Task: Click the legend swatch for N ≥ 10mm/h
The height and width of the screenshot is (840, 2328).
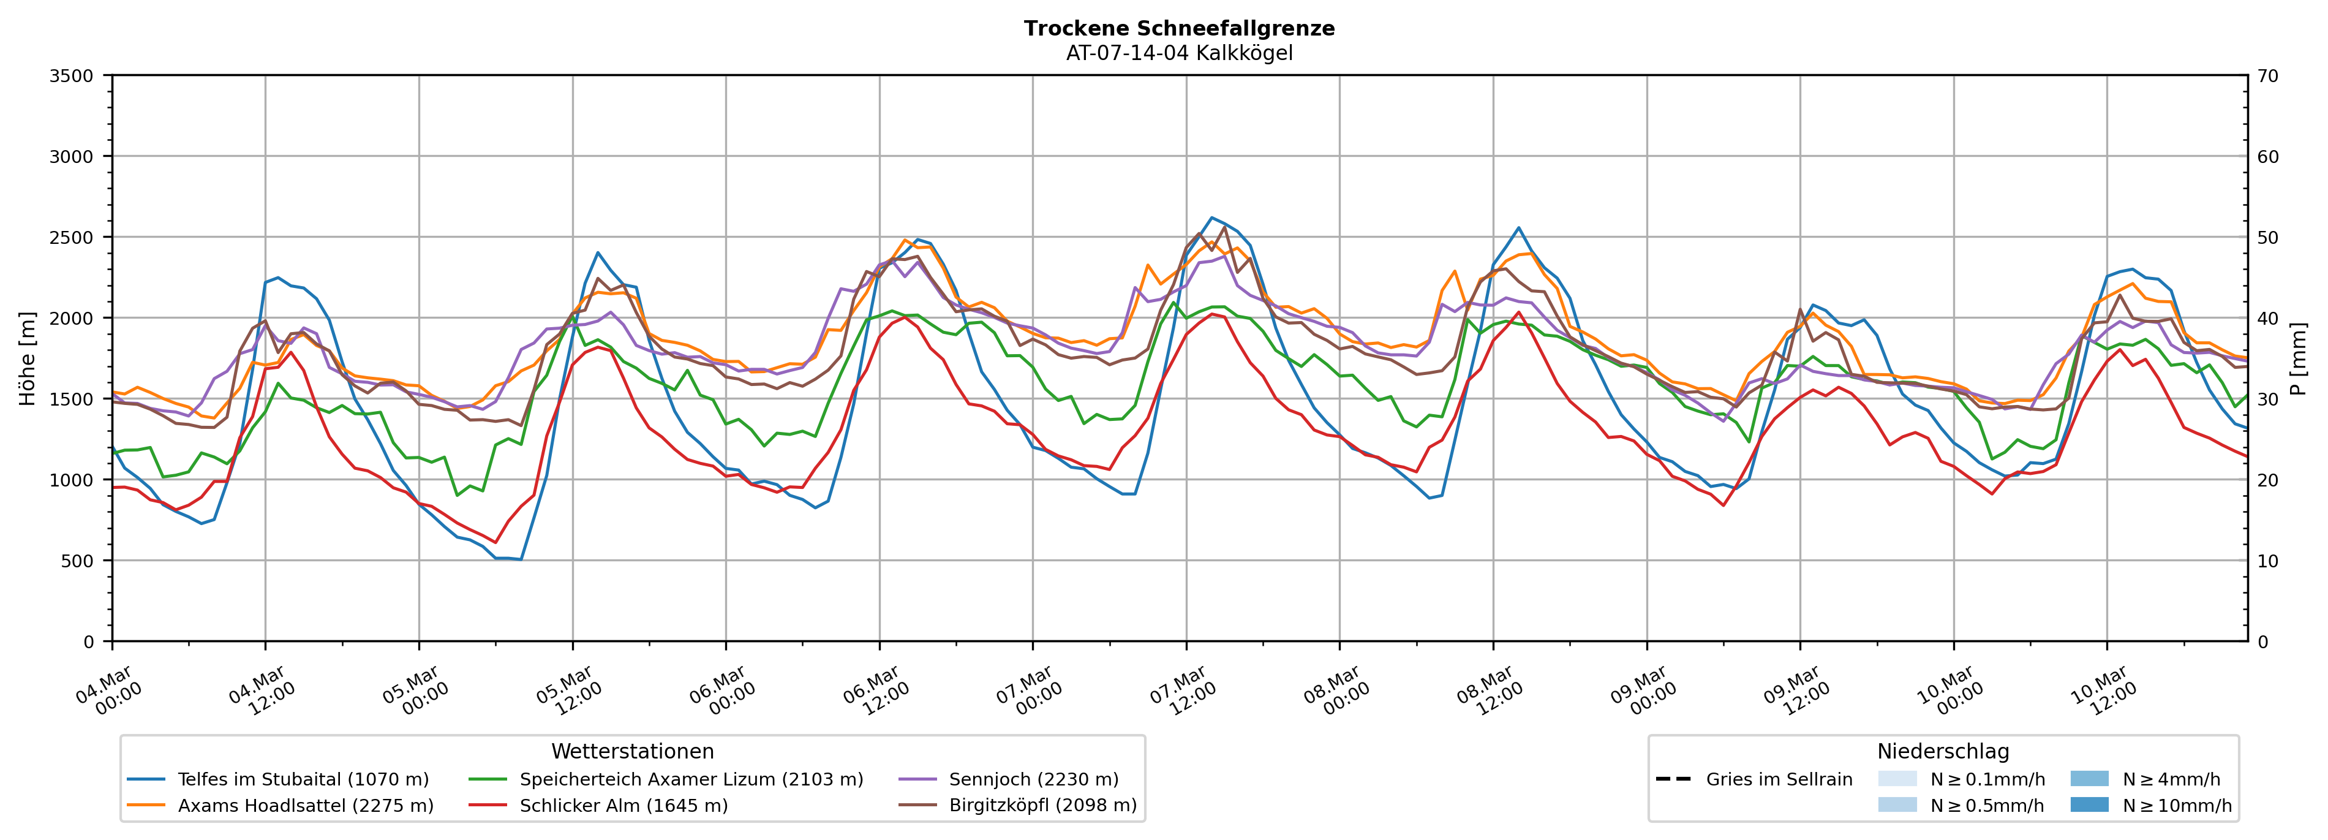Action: (2089, 804)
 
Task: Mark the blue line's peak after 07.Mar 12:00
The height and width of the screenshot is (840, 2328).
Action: (1212, 218)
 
